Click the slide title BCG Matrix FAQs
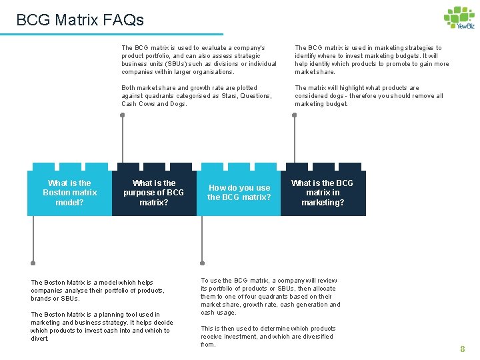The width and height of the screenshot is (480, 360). (80, 20)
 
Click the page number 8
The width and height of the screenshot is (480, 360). (462, 349)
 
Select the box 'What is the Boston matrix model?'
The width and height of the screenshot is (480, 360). (69, 193)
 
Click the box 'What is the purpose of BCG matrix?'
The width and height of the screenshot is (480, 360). (154, 193)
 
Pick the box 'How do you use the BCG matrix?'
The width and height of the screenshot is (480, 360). (239, 193)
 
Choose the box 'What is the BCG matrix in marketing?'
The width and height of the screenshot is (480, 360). (323, 193)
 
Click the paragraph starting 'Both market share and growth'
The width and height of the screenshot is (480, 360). (197, 96)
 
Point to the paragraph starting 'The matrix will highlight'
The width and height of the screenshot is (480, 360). (369, 96)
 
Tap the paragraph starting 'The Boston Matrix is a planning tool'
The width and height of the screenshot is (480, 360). (101, 327)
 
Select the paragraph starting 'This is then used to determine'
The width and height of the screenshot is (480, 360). (267, 336)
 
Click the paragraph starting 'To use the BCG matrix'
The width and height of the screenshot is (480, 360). (271, 297)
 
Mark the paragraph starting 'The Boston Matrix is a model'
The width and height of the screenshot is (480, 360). (97, 291)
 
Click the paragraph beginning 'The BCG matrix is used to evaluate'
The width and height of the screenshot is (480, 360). (199, 60)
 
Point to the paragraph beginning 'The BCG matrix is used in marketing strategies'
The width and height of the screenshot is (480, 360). (372, 60)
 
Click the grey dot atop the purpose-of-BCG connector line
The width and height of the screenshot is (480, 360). (122, 115)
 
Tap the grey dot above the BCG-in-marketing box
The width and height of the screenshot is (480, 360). (293, 115)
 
